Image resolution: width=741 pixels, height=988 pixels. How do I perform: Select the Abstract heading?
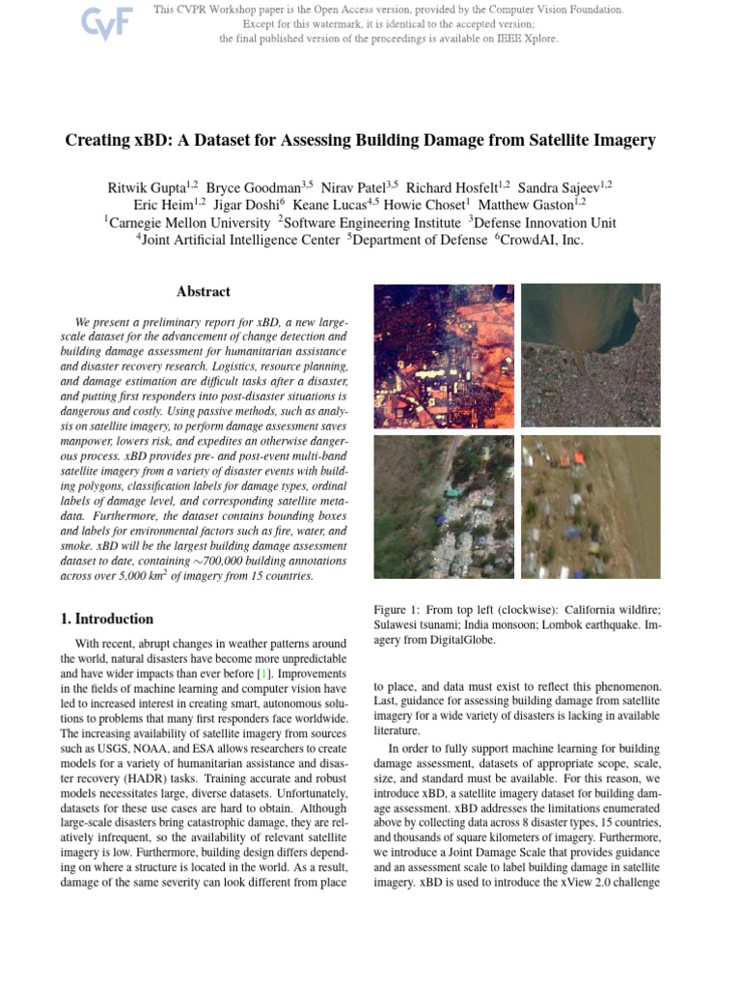(204, 291)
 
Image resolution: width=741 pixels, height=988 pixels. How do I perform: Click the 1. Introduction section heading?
(114, 619)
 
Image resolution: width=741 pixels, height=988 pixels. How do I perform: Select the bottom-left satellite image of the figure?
(443, 506)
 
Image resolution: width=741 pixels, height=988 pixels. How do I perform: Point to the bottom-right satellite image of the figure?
(590, 506)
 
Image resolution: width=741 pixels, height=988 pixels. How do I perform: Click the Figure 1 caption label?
(399, 611)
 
